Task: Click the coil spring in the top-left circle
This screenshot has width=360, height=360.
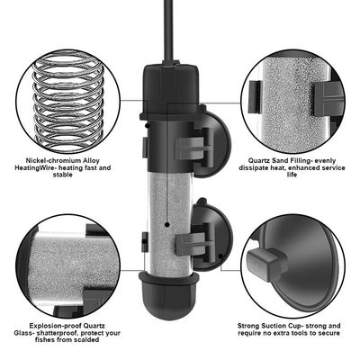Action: point(72,99)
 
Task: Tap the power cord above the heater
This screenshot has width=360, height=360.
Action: point(167,27)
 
